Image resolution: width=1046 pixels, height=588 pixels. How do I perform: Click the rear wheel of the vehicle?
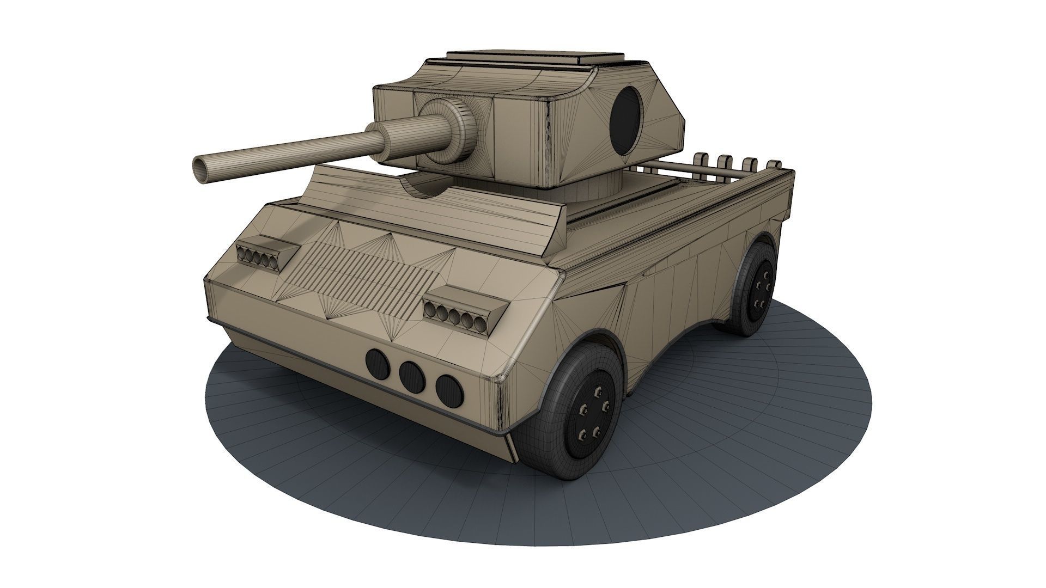(x=755, y=287)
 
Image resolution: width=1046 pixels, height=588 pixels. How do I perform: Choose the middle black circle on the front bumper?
(x=412, y=376)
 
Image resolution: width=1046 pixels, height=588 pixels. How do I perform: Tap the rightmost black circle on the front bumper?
(x=448, y=389)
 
